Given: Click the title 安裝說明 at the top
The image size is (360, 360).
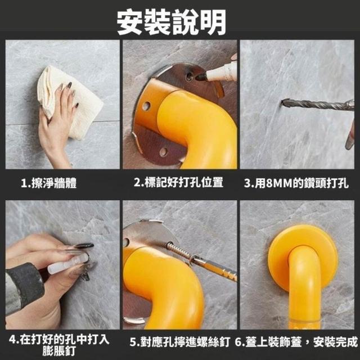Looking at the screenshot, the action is coord(171,22).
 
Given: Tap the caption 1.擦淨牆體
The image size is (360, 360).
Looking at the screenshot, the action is coord(49,183).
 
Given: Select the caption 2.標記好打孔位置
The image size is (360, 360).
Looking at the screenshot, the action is coord(178,182).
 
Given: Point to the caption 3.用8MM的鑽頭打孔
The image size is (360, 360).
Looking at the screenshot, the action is coord(296,183).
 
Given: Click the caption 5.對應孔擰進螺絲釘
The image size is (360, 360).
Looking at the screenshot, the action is coord(179,342).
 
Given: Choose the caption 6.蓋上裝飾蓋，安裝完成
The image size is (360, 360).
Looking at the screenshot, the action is coord(296,342).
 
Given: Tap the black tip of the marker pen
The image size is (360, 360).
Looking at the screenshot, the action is coord(201,76).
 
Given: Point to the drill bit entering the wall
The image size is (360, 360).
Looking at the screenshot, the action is coord(317,105).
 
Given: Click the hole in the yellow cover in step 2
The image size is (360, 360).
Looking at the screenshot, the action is coord(146,106).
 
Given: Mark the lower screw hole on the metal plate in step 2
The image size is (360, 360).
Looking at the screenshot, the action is coord(164,152).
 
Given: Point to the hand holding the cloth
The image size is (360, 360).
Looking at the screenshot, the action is coord(57,121).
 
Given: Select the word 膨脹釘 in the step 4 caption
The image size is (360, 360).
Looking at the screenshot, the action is coord(59,351).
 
